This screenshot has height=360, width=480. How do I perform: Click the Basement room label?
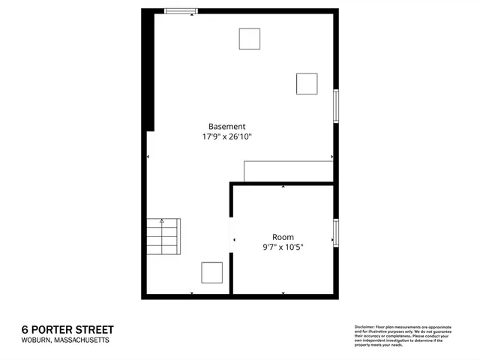click(226, 127)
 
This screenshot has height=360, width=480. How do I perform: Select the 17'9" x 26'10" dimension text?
click(226, 137)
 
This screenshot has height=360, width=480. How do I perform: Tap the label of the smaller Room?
click(283, 236)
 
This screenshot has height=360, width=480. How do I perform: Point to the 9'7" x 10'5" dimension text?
click(283, 247)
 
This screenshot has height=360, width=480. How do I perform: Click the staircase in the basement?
click(163, 237)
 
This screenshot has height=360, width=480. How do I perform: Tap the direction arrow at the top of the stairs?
click(162, 222)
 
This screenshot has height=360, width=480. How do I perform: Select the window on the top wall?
click(181, 11)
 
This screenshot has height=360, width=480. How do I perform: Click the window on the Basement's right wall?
click(336, 106)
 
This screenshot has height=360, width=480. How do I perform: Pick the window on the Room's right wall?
click(336, 231)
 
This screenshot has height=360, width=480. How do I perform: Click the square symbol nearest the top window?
click(249, 39)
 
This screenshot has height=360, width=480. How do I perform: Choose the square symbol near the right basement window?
click(307, 83)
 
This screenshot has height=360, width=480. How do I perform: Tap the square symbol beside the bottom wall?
click(212, 273)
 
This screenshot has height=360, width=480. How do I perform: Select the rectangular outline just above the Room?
click(288, 170)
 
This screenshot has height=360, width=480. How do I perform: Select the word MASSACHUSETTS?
click(83, 340)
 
